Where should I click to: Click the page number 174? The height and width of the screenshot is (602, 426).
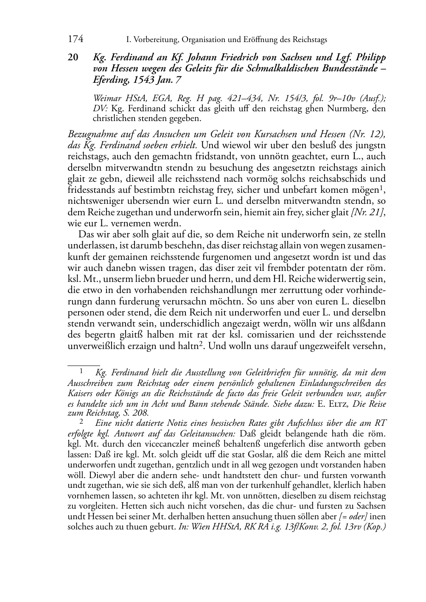pyautogui.click(x=76, y=39)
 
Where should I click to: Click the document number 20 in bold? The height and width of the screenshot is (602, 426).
pyautogui.click(x=73, y=58)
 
